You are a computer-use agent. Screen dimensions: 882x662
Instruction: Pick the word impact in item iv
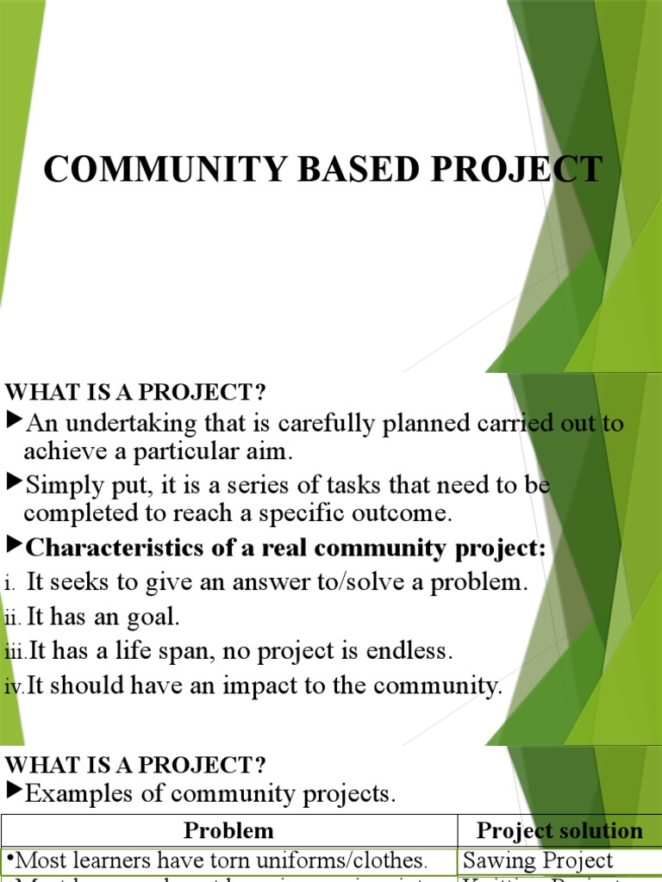(290, 686)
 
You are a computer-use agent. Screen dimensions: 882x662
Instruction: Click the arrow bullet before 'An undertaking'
(13, 421)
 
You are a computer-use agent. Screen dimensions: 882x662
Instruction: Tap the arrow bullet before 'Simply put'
(13, 483)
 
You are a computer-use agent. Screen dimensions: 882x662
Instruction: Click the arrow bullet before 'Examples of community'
(13, 792)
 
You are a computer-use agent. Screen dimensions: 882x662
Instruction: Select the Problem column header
(228, 831)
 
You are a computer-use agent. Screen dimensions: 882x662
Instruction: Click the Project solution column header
(559, 831)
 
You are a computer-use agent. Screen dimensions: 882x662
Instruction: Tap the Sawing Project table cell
(537, 860)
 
